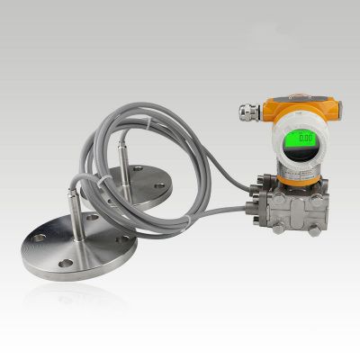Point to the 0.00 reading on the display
click(x=305, y=139)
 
